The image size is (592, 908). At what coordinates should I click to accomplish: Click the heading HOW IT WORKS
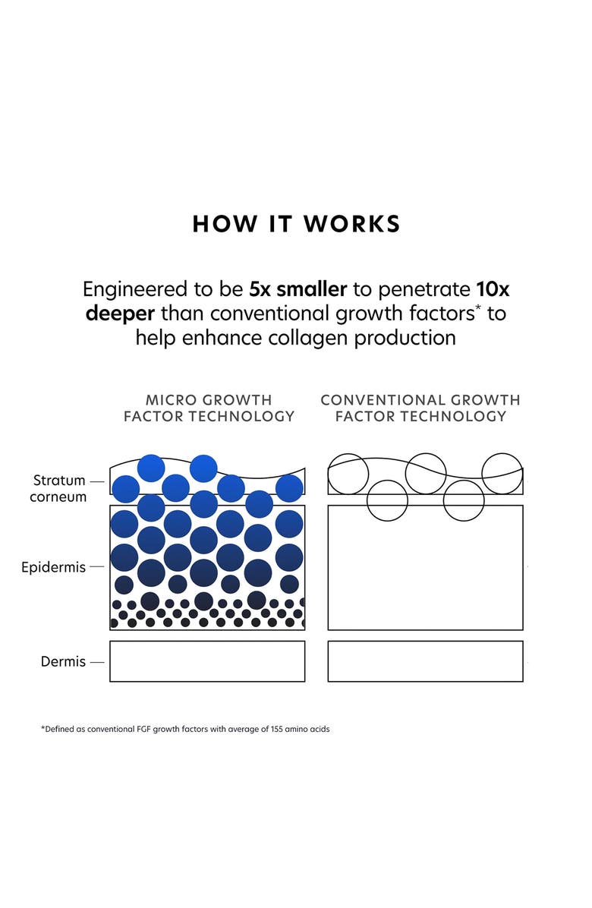(296, 224)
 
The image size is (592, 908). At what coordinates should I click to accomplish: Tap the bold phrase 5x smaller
(298, 289)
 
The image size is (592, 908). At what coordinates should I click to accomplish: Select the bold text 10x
(493, 289)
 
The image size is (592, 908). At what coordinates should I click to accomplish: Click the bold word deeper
(120, 314)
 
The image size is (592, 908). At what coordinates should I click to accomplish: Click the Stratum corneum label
(58, 488)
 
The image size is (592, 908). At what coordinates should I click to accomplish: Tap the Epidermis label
(53, 567)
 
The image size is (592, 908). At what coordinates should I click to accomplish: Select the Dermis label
(63, 661)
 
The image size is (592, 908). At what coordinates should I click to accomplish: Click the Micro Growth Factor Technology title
(209, 408)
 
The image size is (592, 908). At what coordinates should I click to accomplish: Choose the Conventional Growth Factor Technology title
(420, 408)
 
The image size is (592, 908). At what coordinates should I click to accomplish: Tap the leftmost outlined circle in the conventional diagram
(328, 474)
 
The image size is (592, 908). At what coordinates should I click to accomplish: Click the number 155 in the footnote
(276, 729)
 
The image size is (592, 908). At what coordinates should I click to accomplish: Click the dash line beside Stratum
(97, 481)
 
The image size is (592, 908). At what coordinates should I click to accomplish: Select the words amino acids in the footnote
(307, 729)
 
